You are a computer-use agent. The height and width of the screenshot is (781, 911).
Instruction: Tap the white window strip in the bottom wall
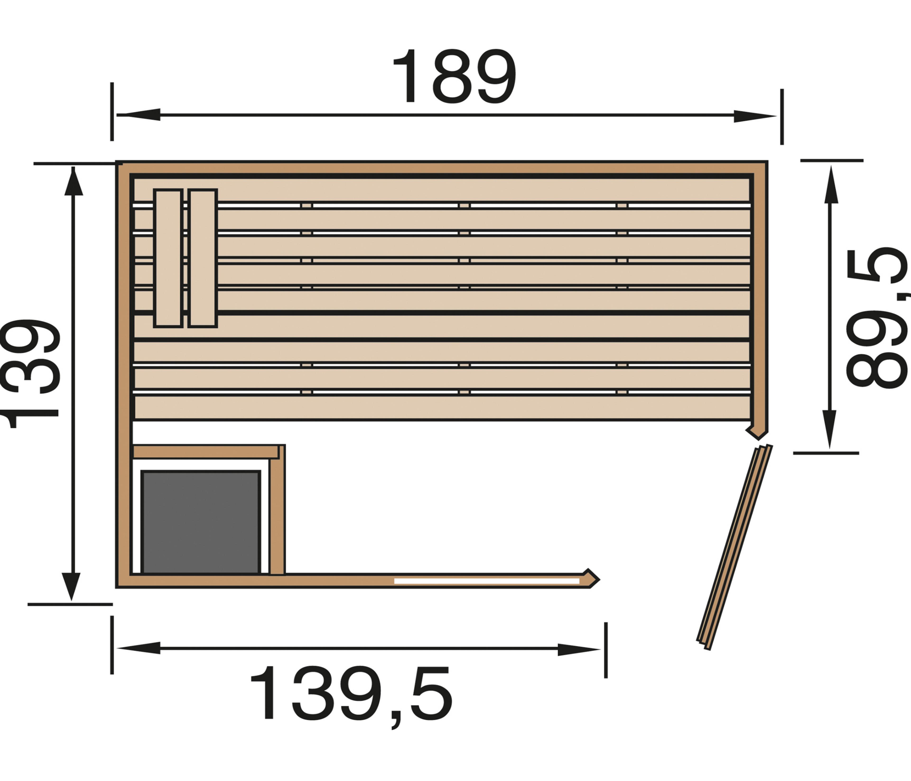[487, 581]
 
